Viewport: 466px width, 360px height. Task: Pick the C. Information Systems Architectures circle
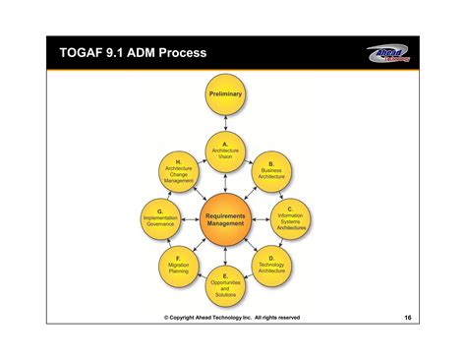(291, 218)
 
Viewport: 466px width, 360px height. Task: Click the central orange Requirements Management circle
(225, 218)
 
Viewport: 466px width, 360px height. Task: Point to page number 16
(407, 318)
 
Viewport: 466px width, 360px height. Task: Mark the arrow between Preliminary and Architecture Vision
(225, 122)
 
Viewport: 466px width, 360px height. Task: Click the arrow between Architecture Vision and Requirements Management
(225, 182)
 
